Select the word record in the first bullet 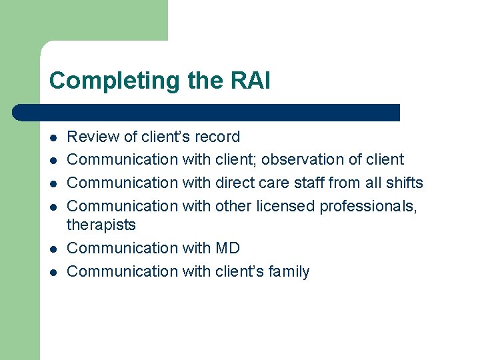(217, 137)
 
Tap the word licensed (286, 206)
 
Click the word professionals (368, 206)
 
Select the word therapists (101, 225)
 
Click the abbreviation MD (228, 248)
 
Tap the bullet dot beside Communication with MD (53, 249)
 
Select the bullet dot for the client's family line (53, 272)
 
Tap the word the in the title (203, 81)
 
